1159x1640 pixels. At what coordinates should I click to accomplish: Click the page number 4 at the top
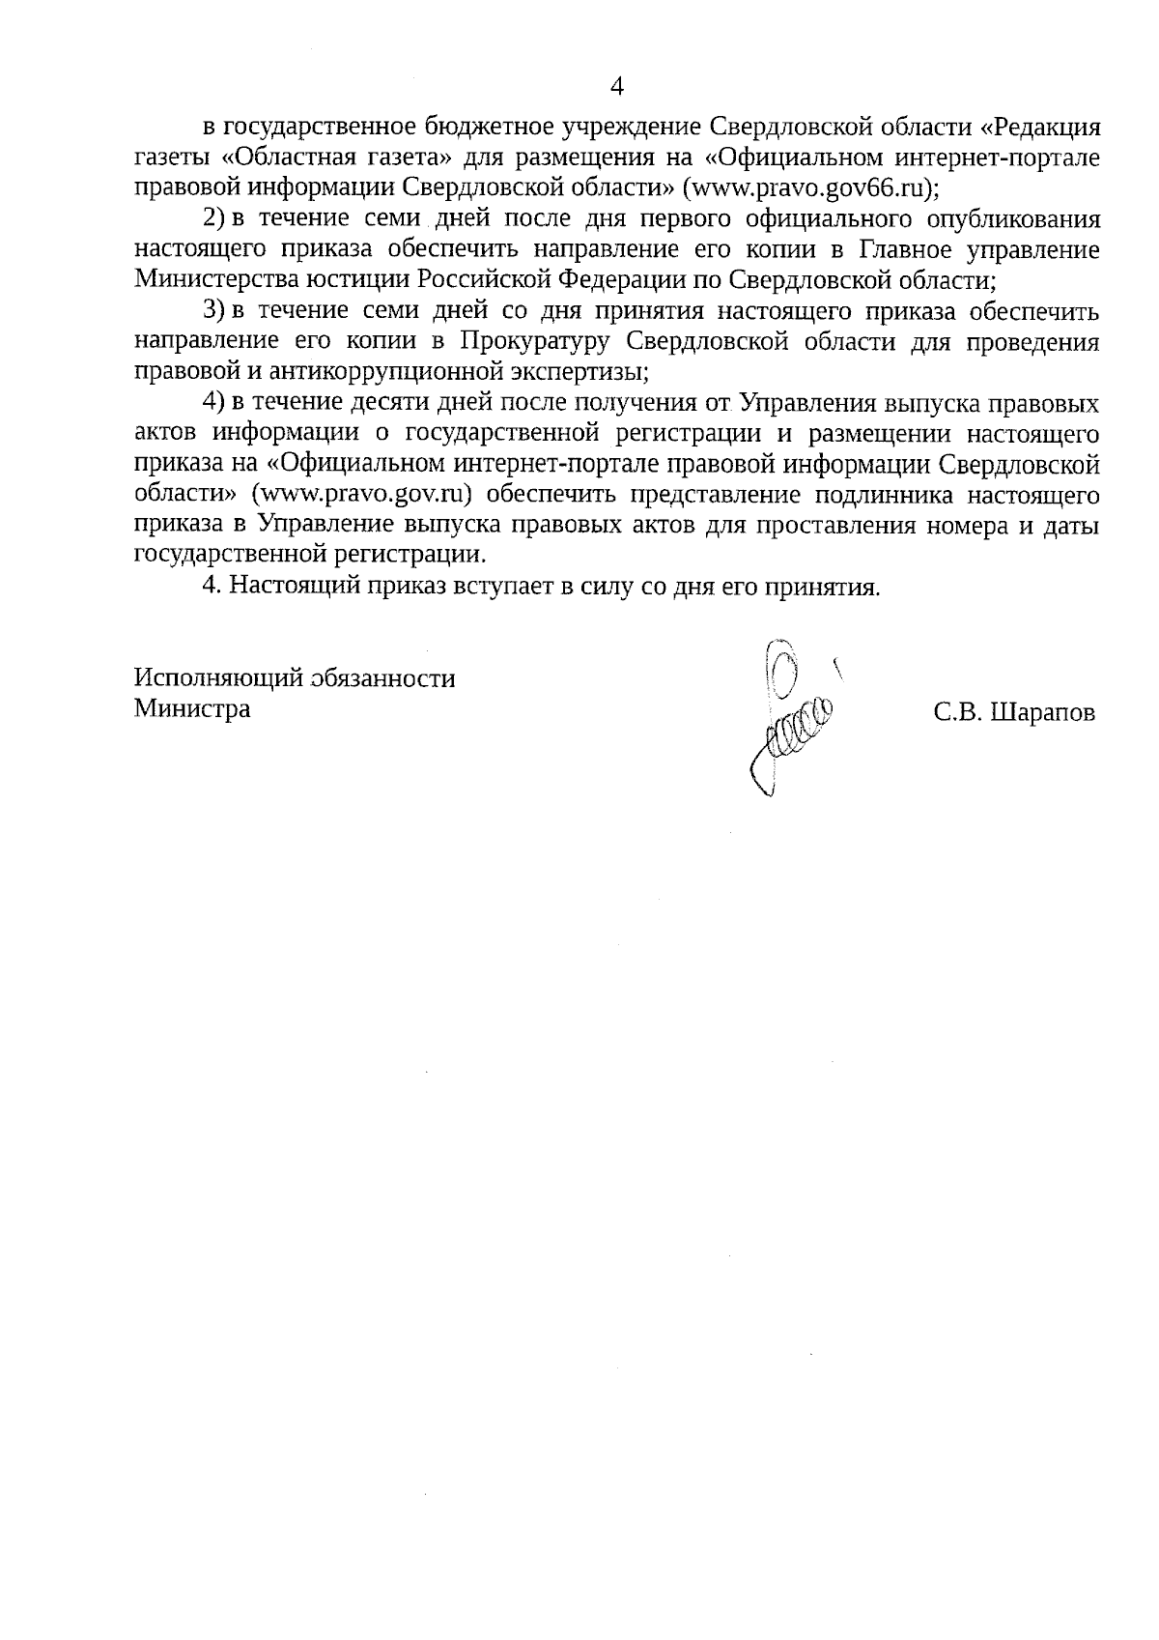(x=618, y=86)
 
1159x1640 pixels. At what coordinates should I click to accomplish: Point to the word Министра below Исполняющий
(x=192, y=708)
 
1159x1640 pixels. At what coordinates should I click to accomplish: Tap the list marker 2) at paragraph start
(x=213, y=218)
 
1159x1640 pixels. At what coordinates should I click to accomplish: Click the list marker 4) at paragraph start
(x=213, y=403)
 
